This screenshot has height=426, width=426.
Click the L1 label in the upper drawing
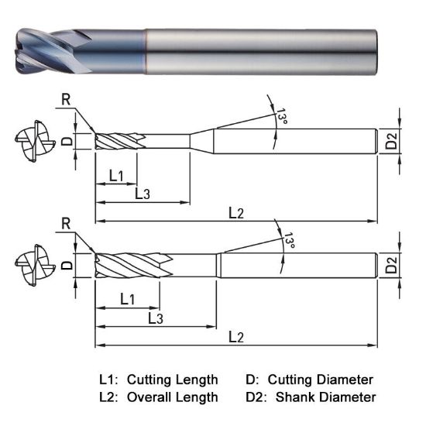[116, 176]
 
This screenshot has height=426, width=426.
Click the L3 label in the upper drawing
[143, 194]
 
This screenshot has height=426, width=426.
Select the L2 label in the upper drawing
[236, 213]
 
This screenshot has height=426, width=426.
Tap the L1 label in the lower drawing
[128, 298]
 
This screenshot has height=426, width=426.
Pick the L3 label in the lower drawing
[155, 318]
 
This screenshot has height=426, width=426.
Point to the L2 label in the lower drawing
[236, 337]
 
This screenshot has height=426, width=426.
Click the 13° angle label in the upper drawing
[282, 117]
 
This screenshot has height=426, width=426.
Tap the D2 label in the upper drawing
[392, 142]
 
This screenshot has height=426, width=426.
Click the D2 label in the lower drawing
[392, 266]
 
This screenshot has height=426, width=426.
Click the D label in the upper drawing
[67, 141]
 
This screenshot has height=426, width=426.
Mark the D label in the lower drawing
[67, 265]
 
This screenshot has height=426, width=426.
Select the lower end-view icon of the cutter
[33, 266]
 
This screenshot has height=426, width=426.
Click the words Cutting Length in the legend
[172, 380]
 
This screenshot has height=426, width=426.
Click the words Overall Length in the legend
[172, 397]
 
